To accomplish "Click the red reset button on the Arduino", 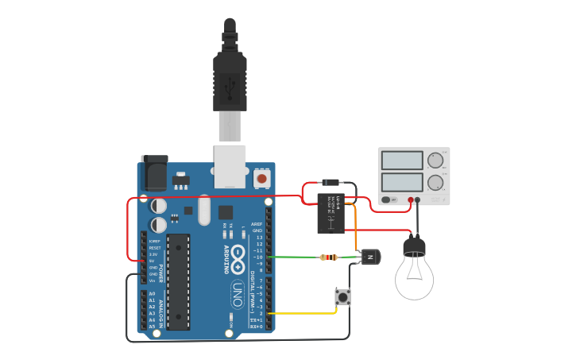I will pos(262,180).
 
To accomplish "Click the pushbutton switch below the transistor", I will pos(343,297).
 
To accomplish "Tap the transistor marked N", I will pos(370,257).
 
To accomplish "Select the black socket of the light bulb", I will pos(414,248).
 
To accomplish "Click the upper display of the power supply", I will pos(401,160).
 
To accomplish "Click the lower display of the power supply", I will pos(401,183).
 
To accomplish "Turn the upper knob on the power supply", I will pos(435,161).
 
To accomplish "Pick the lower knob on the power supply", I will pos(435,184).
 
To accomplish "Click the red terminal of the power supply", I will pos(411,200).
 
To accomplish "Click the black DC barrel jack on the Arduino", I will pos(155,172).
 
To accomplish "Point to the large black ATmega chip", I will pos(178,281).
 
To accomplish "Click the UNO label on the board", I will pos(236,294).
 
